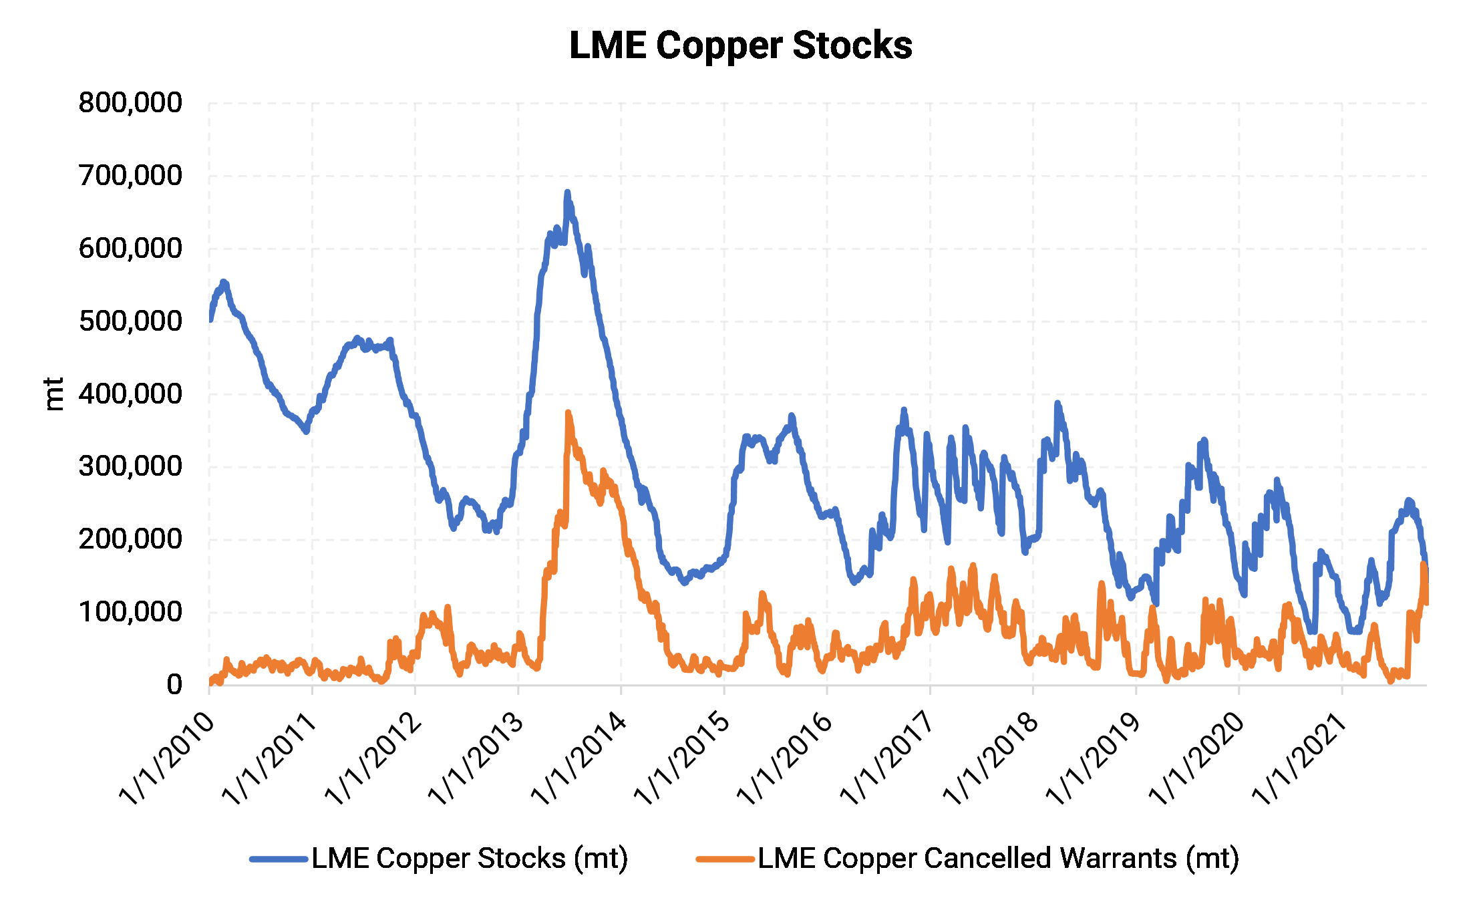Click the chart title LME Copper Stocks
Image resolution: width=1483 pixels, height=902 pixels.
tap(740, 45)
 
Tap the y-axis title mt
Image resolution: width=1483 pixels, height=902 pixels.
tap(53, 394)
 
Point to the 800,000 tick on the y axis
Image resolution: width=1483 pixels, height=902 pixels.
tap(130, 103)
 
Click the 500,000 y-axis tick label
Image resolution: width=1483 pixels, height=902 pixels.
tap(130, 321)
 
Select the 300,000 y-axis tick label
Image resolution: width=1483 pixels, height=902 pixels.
tap(130, 466)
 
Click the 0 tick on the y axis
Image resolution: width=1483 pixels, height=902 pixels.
tap(174, 684)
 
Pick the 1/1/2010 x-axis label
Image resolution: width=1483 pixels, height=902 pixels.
tap(167, 758)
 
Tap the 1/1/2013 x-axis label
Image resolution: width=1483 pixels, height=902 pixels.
tap(476, 758)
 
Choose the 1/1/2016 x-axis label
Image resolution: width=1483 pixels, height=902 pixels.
tap(785, 758)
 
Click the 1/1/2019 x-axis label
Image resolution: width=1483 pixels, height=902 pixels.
tap(1094, 758)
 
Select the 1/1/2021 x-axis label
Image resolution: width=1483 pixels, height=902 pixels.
tap(1299, 758)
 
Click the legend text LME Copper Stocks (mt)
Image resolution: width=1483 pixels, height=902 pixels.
tap(470, 859)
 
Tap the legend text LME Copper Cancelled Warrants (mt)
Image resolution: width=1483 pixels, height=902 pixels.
tap(998, 859)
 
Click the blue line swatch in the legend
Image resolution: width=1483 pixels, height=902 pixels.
tap(279, 859)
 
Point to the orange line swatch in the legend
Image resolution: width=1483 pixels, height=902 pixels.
tap(725, 859)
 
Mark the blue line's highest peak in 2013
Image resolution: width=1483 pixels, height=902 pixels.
tap(567, 192)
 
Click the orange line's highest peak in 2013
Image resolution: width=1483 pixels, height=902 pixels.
tap(568, 413)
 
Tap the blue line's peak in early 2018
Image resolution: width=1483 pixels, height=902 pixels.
tap(1057, 403)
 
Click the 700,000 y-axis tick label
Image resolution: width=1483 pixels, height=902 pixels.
tap(130, 176)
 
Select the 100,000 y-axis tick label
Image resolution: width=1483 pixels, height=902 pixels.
tap(130, 612)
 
